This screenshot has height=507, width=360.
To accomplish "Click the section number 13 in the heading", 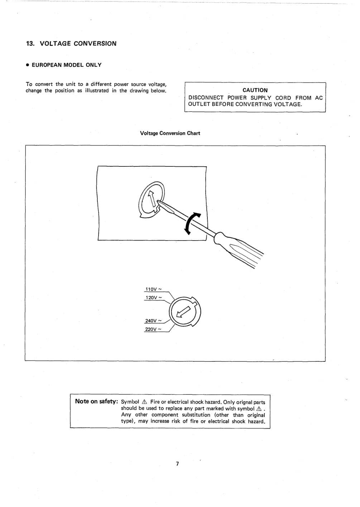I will tap(30, 44).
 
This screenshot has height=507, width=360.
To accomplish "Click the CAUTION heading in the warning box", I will tap(255, 90).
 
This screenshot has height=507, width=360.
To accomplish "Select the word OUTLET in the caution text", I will tap(198, 104).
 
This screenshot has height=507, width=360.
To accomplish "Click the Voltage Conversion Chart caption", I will tap(170, 133).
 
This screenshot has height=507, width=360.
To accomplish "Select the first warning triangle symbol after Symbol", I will tap(145, 402).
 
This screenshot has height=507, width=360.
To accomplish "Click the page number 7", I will tap(177, 464).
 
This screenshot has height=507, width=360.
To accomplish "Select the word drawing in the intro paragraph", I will tap(139, 91).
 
